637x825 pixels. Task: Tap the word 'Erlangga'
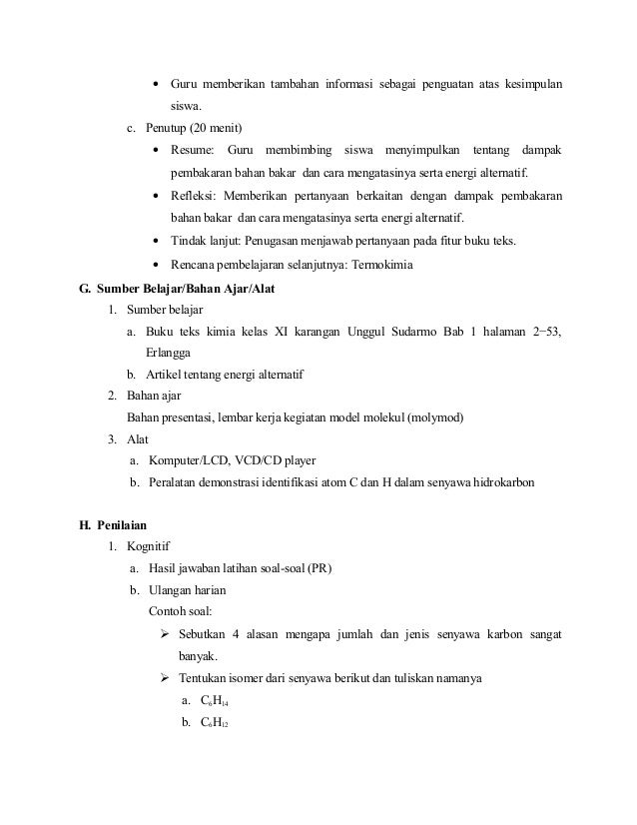click(x=171, y=353)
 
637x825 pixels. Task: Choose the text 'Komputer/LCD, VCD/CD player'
click(x=232, y=460)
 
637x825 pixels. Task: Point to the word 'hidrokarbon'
click(x=499, y=482)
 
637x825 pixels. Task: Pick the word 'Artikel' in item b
click(x=165, y=375)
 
